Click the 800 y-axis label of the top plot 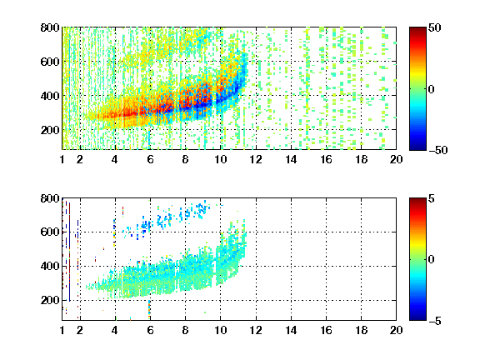click(50, 27)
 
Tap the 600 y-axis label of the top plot click(50, 62)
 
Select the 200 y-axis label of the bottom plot click(50, 300)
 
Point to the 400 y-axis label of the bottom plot click(50, 266)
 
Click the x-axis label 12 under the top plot click(256, 159)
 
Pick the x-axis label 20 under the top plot click(396, 159)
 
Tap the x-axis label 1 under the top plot click(62, 159)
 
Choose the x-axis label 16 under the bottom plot click(326, 330)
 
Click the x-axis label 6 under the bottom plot click(150, 330)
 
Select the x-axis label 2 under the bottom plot click(80, 330)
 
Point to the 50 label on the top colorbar click(434, 27)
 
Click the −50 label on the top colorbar click(437, 150)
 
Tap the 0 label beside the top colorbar click(432, 89)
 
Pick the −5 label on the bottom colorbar click(435, 321)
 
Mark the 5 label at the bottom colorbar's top click(432, 198)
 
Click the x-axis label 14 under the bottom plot click(291, 330)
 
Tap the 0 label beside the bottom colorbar click(432, 260)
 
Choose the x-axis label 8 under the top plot click(185, 159)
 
